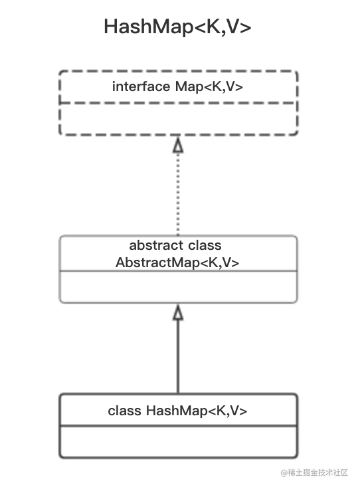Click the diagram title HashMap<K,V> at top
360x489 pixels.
click(177, 27)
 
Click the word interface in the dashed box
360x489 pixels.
click(141, 86)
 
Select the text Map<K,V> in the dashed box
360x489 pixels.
click(209, 86)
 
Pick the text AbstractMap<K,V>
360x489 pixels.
click(177, 262)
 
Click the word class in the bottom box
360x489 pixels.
click(124, 411)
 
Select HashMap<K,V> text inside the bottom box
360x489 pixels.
click(197, 411)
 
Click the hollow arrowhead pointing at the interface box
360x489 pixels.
click(178, 145)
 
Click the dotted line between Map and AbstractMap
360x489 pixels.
click(178, 194)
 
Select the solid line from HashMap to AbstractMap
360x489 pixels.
click(178, 357)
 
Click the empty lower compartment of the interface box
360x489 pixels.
click(178, 119)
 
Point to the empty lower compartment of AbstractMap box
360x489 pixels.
click(178, 286)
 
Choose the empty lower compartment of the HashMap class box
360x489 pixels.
click(178, 441)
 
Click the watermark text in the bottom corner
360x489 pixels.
click(314, 473)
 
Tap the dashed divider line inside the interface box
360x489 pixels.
click(178, 102)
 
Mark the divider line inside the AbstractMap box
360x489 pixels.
click(178, 271)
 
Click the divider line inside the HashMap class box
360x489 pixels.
click(178, 425)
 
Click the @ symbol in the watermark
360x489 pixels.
click(284, 473)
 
